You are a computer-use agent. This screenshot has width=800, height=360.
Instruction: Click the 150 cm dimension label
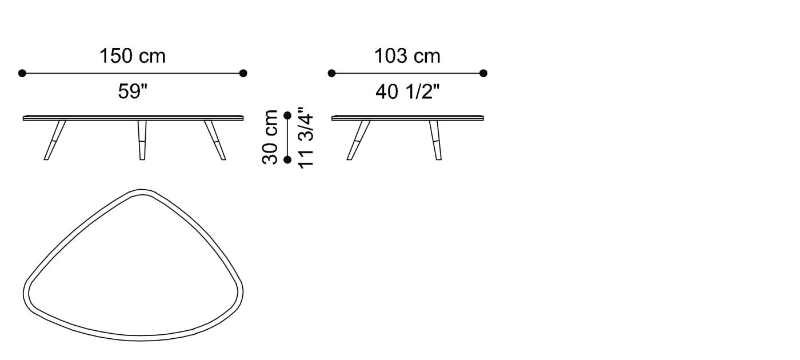click(x=133, y=56)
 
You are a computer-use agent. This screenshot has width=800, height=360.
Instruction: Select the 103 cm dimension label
click(x=407, y=56)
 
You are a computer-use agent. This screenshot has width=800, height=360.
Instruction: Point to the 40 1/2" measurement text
click(x=407, y=91)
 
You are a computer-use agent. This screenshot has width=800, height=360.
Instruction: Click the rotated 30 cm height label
click(x=270, y=137)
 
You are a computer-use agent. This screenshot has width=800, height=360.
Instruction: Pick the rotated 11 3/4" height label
click(x=306, y=138)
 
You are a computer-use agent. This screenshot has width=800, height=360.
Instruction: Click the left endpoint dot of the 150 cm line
click(x=22, y=73)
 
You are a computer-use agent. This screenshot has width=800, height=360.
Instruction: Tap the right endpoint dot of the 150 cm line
click(x=243, y=73)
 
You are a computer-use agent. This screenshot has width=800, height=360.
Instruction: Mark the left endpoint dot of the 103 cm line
click(x=331, y=73)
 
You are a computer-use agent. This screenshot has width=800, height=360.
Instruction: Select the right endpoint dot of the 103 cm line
click(x=483, y=73)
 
